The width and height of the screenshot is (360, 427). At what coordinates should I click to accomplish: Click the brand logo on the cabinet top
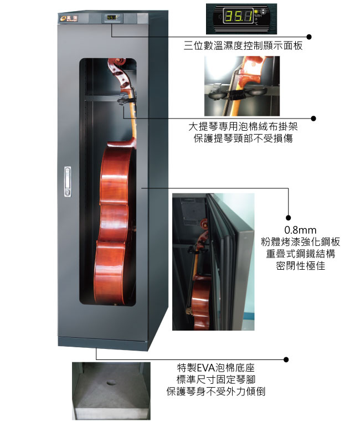69,18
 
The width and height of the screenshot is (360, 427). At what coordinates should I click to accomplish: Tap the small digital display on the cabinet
113,18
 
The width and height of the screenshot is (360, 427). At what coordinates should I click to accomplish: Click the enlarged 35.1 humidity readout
239,17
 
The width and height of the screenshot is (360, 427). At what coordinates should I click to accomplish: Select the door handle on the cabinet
68,182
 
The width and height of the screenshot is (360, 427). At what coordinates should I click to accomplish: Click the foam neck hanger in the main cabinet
125,99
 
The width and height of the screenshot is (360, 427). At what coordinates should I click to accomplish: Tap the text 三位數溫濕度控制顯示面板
243,46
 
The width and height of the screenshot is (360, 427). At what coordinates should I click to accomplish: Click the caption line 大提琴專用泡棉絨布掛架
243,126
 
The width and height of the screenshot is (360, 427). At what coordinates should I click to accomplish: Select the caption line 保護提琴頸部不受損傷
243,138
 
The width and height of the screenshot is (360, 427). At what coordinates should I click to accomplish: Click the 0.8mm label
300,230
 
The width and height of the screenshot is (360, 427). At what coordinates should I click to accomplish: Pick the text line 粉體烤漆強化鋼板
300,242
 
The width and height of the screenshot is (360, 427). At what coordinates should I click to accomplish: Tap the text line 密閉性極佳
300,265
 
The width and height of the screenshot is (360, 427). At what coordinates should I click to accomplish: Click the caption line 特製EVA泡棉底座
215,368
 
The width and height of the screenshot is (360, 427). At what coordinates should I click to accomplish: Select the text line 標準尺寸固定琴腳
215,379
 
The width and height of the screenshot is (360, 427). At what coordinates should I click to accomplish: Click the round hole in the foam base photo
111,383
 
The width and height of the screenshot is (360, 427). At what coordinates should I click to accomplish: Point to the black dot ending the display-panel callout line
309,37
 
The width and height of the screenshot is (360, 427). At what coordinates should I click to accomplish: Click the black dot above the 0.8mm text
289,218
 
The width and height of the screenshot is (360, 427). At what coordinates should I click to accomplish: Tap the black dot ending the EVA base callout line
286,359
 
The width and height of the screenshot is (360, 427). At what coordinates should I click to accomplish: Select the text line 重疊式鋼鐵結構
300,254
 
